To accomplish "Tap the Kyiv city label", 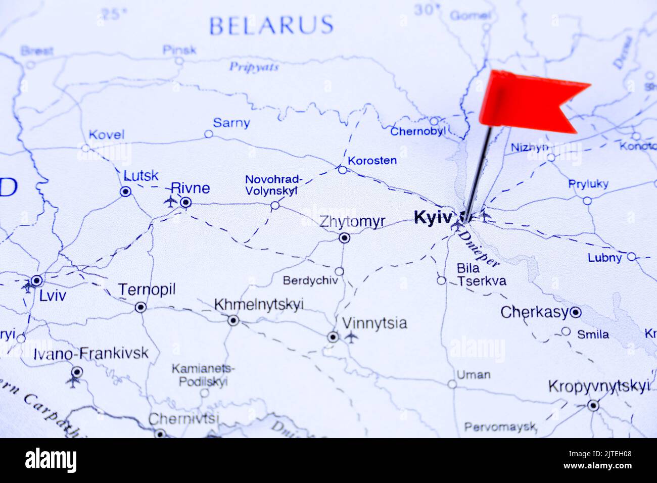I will tap(432, 218).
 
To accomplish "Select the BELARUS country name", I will tap(271, 25).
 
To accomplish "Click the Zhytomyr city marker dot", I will tap(344, 238).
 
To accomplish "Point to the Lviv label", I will tap(52, 296).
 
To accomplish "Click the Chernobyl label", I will tap(417, 132).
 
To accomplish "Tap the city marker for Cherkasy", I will tap(575, 313).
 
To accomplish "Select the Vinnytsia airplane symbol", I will tap(351, 336).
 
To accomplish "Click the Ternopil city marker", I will tap(140, 307).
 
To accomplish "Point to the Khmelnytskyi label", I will tap(259, 305).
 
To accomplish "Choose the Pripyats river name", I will tap(254, 67).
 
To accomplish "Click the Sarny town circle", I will tap(208, 134).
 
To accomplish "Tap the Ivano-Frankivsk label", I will tap(91, 353).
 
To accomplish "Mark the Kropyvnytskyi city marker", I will tap(593, 405).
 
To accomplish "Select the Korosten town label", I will tap(372, 161).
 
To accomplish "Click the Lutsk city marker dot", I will tap(125, 191).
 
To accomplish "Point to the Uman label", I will tap(473, 375).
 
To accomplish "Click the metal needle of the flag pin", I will tap(478, 172).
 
